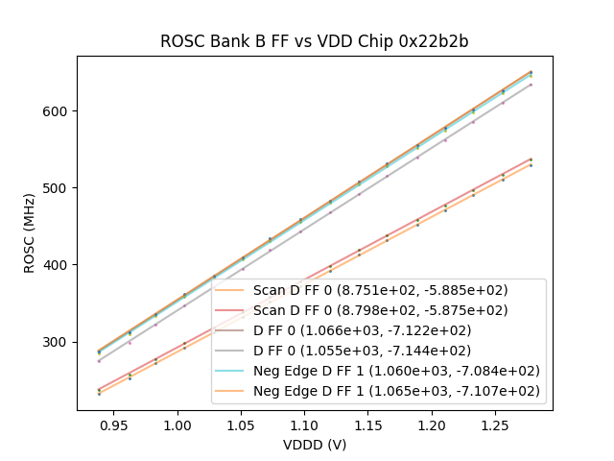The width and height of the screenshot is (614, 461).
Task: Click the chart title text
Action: pyautogui.click(x=314, y=41)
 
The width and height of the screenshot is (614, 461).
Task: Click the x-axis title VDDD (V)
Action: pyautogui.click(x=314, y=445)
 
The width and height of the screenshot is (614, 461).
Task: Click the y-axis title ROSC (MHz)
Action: pyautogui.click(x=31, y=233)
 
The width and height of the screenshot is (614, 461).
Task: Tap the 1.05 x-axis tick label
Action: pyautogui.click(x=241, y=423)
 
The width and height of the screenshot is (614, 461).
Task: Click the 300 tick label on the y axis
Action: pyautogui.click(x=57, y=342)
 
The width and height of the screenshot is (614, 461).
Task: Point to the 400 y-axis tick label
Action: pyautogui.click(x=57, y=265)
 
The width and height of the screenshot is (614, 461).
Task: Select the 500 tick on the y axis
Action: pyautogui.click(x=57, y=188)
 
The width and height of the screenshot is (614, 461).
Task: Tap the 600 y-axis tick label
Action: pyautogui.click(x=57, y=111)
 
